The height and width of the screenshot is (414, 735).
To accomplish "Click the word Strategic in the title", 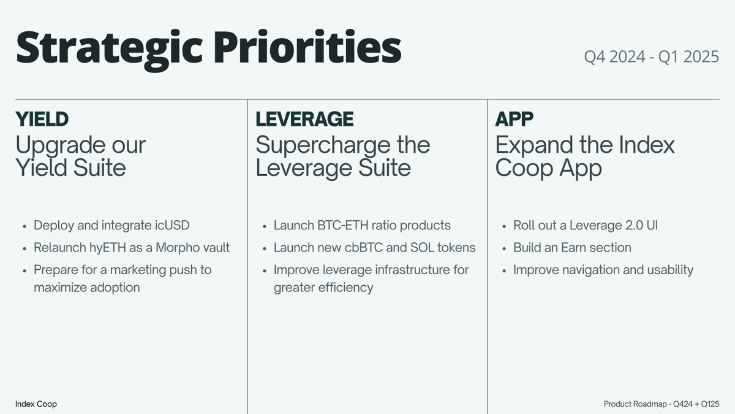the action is (x=109, y=48).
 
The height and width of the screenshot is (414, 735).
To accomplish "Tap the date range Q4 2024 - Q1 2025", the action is (x=652, y=56).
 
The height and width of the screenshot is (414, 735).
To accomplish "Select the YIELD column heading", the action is (x=42, y=119).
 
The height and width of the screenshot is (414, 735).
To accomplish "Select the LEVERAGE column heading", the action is (x=304, y=119).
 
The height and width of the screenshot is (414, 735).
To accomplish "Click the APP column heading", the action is (x=514, y=119).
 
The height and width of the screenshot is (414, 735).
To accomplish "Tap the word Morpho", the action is (x=177, y=248).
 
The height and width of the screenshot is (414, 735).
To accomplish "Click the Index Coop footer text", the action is (x=36, y=404).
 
